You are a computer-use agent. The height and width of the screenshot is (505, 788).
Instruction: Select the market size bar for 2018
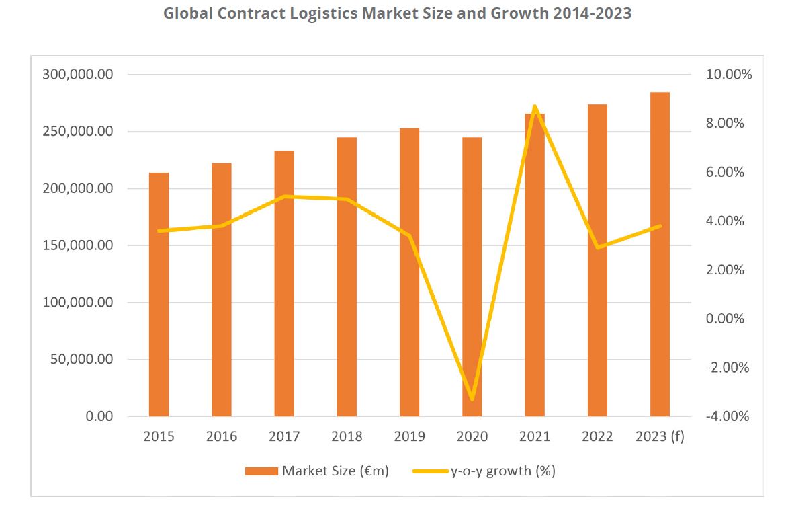[x=347, y=276]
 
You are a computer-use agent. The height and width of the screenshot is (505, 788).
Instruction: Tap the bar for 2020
[x=472, y=276]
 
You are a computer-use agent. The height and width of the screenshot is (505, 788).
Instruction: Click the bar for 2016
[x=222, y=289]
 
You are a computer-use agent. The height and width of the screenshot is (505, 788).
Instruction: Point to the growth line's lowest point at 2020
[x=472, y=399]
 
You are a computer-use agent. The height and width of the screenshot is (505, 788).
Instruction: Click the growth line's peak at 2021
[x=535, y=106]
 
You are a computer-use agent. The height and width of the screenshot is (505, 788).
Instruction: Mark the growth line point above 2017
[x=284, y=196]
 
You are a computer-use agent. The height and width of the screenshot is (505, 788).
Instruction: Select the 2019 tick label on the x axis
[x=409, y=437]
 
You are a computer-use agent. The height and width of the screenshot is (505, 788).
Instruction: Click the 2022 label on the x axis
[x=597, y=437]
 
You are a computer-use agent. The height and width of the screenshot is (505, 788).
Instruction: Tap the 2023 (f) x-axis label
[x=660, y=437]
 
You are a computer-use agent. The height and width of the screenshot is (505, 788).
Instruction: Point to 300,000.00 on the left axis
[x=79, y=75]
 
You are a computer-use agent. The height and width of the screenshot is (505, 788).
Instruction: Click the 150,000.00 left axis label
[x=79, y=245]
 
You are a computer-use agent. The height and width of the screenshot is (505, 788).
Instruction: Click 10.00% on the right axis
[x=729, y=75]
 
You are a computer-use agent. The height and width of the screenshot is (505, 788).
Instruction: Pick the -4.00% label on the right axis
[x=727, y=416]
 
